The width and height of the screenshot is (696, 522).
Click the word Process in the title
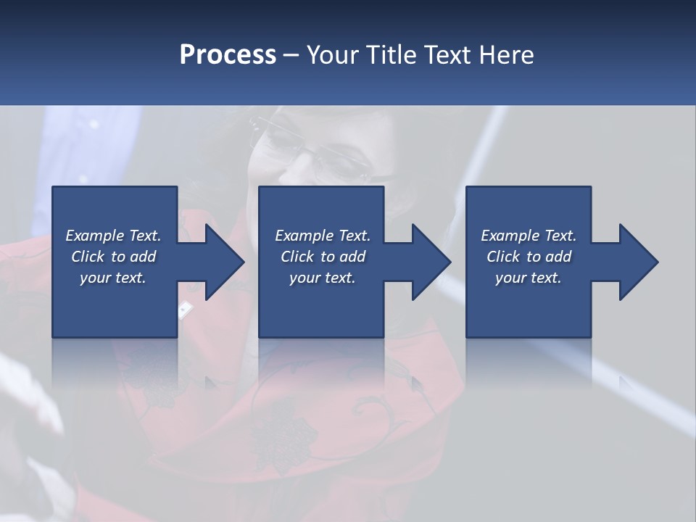pyautogui.click(x=228, y=55)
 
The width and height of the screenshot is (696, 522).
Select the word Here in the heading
pyautogui.click(x=506, y=55)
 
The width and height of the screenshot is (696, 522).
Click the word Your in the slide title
pyautogui.click(x=334, y=55)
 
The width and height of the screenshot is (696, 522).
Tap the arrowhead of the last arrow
pyautogui.click(x=637, y=262)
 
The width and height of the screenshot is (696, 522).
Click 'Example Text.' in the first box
pyautogui.click(x=113, y=236)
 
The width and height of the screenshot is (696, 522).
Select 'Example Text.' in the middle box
pyautogui.click(x=323, y=236)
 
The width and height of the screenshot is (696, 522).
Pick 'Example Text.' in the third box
pyautogui.click(x=529, y=236)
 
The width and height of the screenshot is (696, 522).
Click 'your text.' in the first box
pyautogui.click(x=113, y=278)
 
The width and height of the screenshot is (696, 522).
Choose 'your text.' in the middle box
pyautogui.click(x=323, y=278)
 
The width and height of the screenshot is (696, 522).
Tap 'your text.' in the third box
pyautogui.click(x=529, y=278)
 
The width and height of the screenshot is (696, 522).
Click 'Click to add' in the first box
pyautogui.click(x=113, y=257)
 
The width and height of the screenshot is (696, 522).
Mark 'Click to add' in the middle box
pyautogui.click(x=323, y=257)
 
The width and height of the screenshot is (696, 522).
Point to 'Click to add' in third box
pyautogui.click(x=529, y=257)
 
